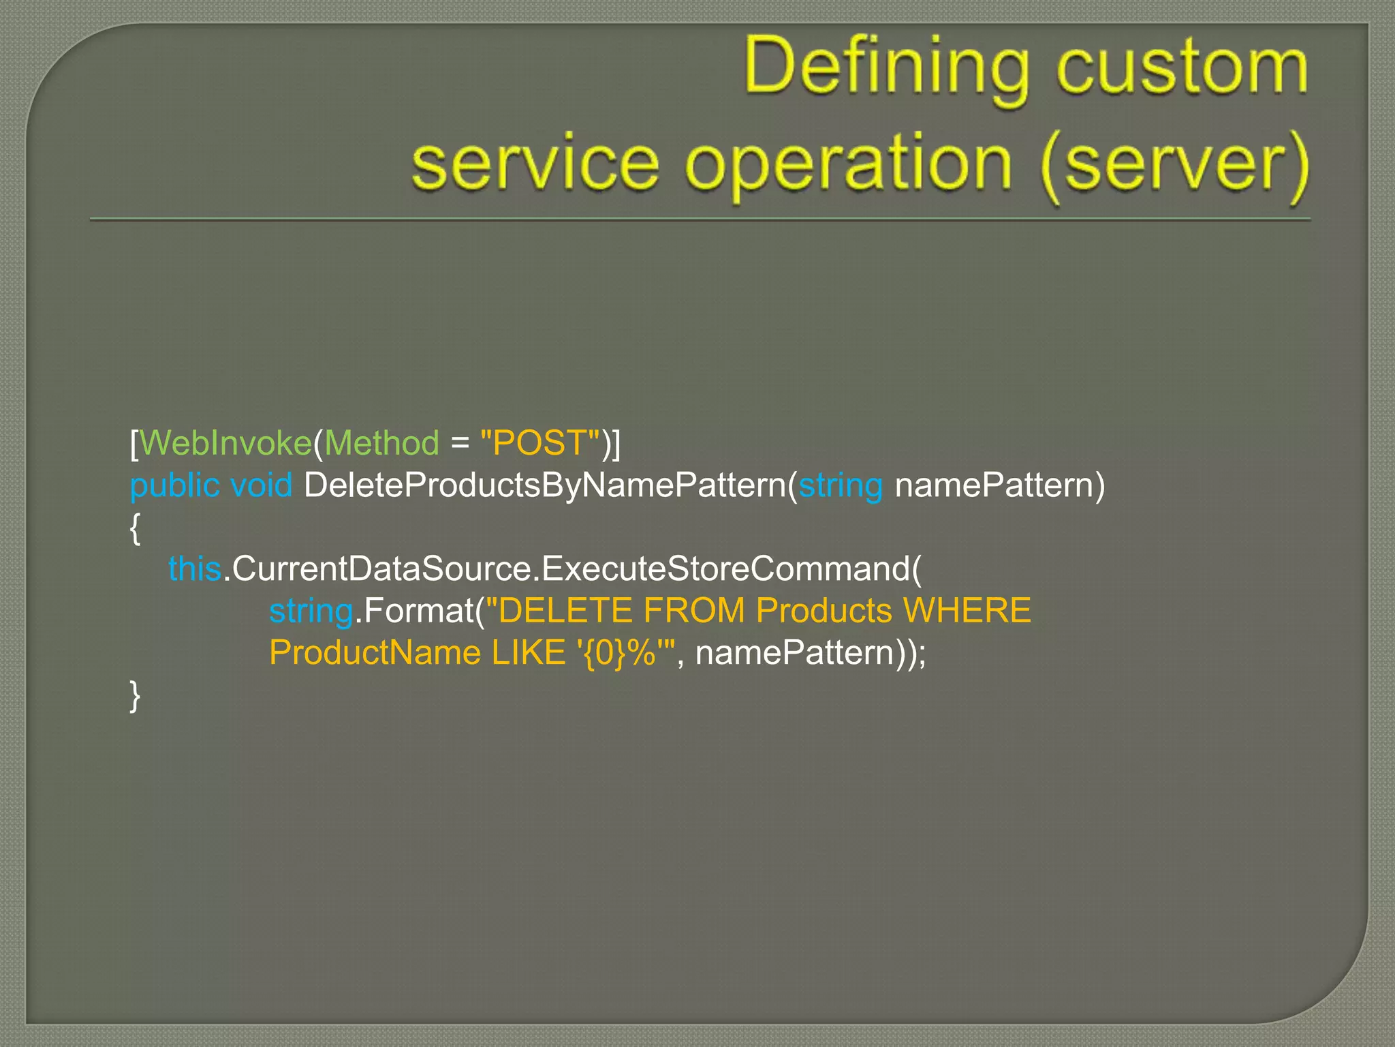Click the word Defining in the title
click(x=885, y=68)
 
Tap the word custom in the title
click(x=1182, y=68)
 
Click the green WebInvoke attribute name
click(x=225, y=443)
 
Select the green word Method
click(x=381, y=443)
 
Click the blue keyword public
click(x=174, y=485)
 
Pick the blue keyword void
click(x=262, y=485)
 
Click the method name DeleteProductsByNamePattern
click(x=545, y=485)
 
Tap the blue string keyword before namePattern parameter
click(x=841, y=485)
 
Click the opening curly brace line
click(x=135, y=528)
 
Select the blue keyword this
click(x=194, y=568)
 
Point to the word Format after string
click(x=418, y=611)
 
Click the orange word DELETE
click(x=565, y=611)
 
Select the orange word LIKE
click(x=528, y=653)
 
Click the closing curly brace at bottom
click(x=135, y=695)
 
